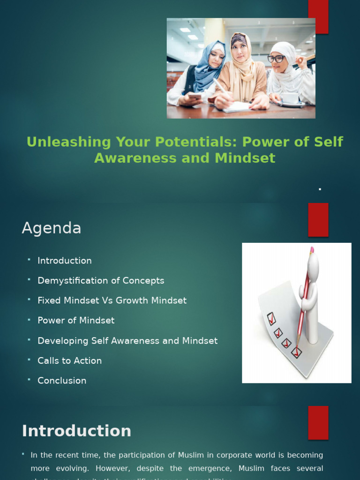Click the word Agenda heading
(x=52, y=228)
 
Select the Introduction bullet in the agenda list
(x=65, y=261)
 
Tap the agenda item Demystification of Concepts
(x=101, y=281)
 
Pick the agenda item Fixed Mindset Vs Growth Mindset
(x=112, y=300)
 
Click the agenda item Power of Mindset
(x=76, y=321)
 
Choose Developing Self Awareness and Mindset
(x=127, y=341)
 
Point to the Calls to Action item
(x=69, y=361)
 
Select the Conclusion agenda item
(x=62, y=381)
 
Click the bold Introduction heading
(x=76, y=431)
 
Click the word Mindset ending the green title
(x=245, y=158)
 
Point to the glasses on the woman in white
(x=276, y=59)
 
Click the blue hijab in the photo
(x=207, y=70)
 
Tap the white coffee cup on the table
(x=290, y=98)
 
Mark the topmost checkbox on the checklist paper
(x=271, y=319)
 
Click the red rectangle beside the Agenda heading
(x=318, y=219)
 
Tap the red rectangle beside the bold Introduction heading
(x=318, y=422)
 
